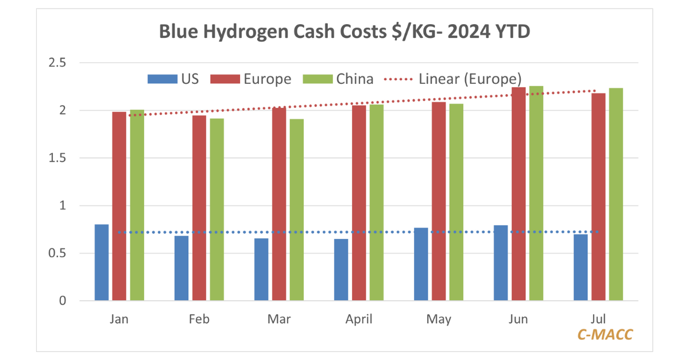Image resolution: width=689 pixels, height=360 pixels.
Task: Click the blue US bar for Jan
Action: click(102, 262)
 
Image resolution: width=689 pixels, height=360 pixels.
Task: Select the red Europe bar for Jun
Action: click(518, 193)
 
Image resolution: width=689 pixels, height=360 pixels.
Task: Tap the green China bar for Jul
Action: click(616, 194)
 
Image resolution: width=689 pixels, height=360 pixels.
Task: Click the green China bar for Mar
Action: click(296, 210)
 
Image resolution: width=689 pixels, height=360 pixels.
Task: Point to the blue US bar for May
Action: click(421, 264)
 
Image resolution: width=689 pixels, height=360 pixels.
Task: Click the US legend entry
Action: click(173, 79)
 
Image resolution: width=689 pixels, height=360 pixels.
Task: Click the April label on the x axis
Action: click(358, 319)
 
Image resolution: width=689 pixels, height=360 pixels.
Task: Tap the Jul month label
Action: click(598, 319)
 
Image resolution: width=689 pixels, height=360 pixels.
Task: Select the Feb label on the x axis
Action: click(199, 319)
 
